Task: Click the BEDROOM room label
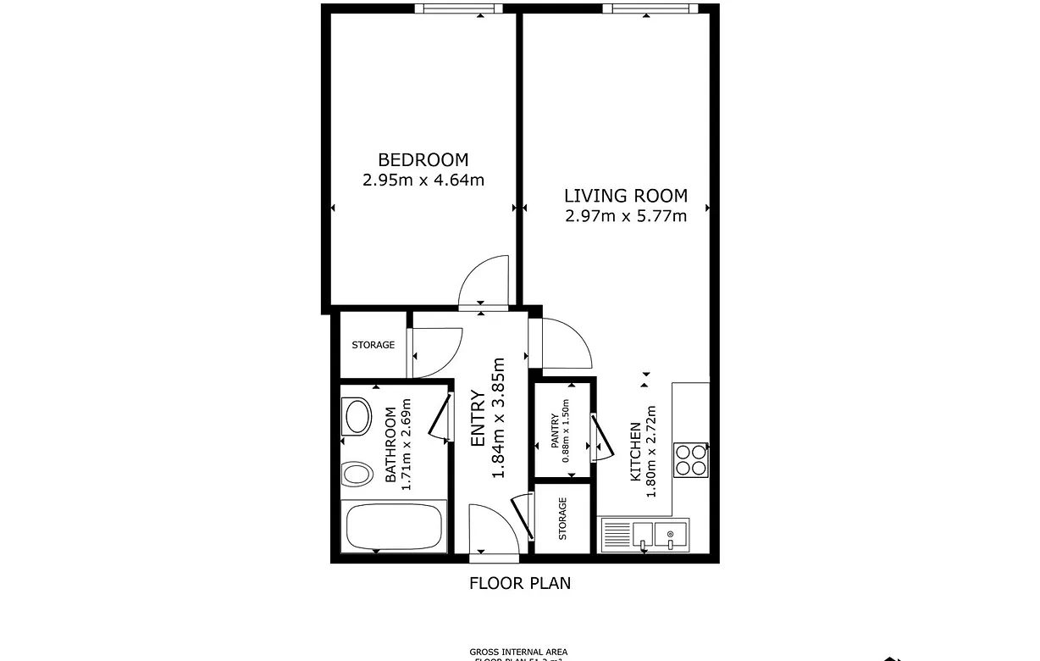pyautogui.click(x=423, y=159)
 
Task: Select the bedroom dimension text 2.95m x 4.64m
pyautogui.click(x=423, y=180)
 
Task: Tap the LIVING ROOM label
pyautogui.click(x=626, y=196)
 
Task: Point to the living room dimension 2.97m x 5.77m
pyautogui.click(x=626, y=216)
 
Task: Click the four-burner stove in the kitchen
pyautogui.click(x=691, y=459)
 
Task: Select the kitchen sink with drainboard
pyautogui.click(x=644, y=535)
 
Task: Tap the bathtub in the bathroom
pyautogui.click(x=393, y=526)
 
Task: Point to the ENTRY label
pyautogui.click(x=479, y=419)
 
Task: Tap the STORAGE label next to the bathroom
pyautogui.click(x=373, y=345)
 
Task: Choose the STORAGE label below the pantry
pyautogui.click(x=562, y=518)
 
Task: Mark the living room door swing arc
pyautogui.click(x=564, y=341)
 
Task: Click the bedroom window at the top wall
pyautogui.click(x=458, y=8)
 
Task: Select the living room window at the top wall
pyautogui.click(x=650, y=8)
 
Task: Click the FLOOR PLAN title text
pyautogui.click(x=520, y=583)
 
